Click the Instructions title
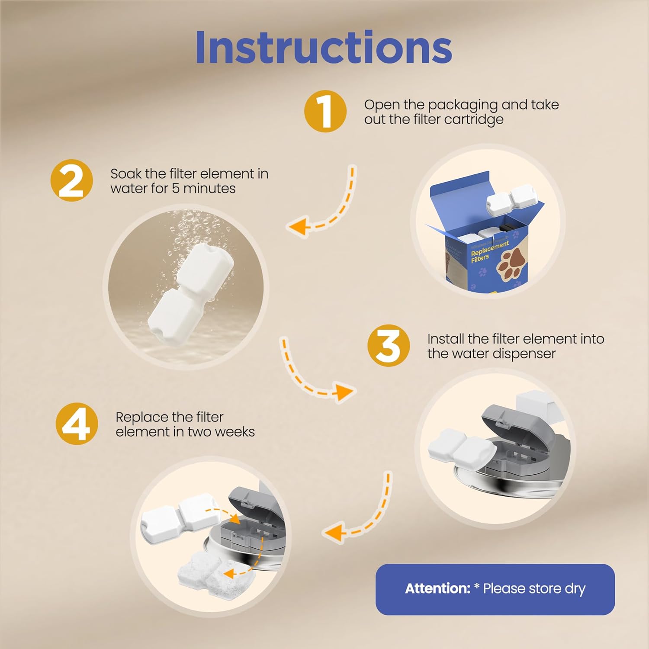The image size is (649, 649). (x=324, y=48)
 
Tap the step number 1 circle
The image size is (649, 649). (x=325, y=111)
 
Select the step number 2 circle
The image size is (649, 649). (x=71, y=180)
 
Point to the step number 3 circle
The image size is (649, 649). (x=388, y=346)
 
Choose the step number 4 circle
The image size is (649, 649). (x=77, y=424)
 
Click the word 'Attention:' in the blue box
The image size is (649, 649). (x=437, y=588)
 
